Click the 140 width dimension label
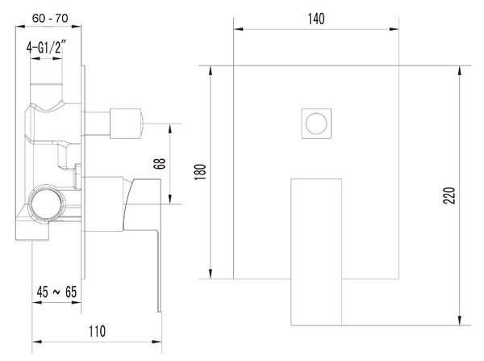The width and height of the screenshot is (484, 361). pyautogui.click(x=316, y=19)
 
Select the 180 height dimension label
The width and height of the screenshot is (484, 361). pyautogui.click(x=200, y=172)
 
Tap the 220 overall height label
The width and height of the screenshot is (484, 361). pyautogui.click(x=449, y=195)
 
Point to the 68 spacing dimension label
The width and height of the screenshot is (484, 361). pyautogui.click(x=160, y=163)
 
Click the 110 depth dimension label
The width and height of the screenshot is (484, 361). pyautogui.click(x=98, y=331)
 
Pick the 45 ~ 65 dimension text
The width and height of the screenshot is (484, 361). pyautogui.click(x=56, y=292)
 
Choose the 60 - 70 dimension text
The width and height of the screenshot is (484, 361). pyautogui.click(x=50, y=19)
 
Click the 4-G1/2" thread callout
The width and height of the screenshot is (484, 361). pyautogui.click(x=46, y=48)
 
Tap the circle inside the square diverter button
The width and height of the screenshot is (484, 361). pyautogui.click(x=316, y=124)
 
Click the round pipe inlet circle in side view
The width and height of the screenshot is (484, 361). pyautogui.click(x=47, y=204)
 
